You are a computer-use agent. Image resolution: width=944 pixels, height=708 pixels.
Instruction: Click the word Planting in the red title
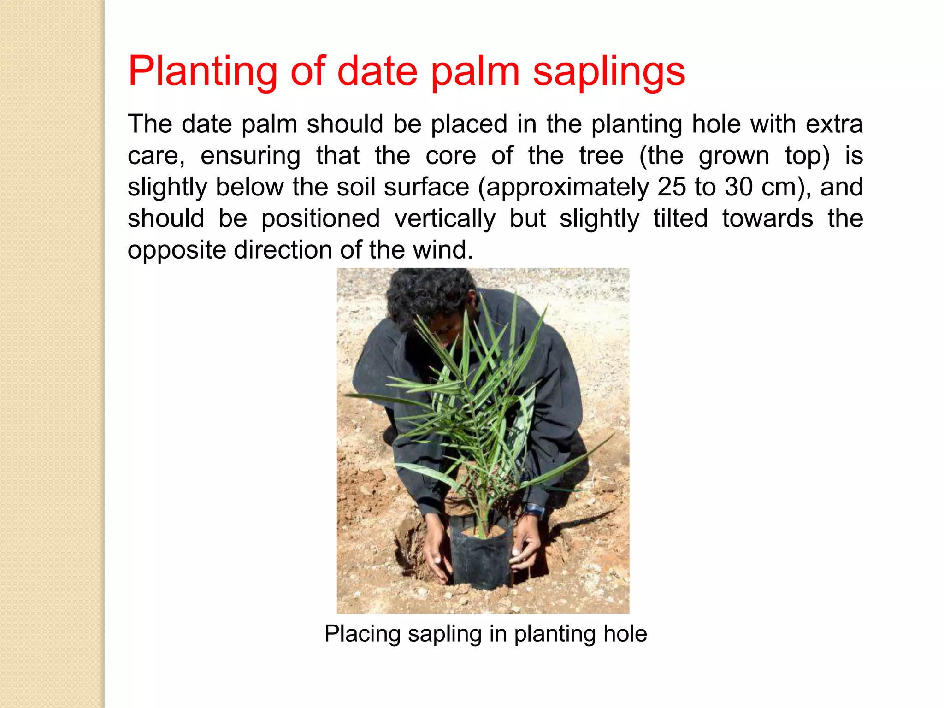[203, 72]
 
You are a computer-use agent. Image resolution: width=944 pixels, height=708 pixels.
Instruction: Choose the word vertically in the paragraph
[445, 218]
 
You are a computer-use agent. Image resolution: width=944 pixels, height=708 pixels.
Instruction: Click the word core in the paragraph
[450, 156]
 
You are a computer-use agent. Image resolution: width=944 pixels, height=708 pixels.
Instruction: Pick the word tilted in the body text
[680, 218]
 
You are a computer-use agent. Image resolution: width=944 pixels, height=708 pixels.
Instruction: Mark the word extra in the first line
[834, 124]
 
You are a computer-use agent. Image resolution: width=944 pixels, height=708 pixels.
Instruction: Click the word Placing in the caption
[362, 634]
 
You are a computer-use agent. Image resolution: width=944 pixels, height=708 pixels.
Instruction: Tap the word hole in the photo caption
[625, 634]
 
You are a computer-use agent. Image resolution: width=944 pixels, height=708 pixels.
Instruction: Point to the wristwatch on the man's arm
[535, 510]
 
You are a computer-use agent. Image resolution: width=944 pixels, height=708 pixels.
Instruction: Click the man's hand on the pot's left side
[436, 553]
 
